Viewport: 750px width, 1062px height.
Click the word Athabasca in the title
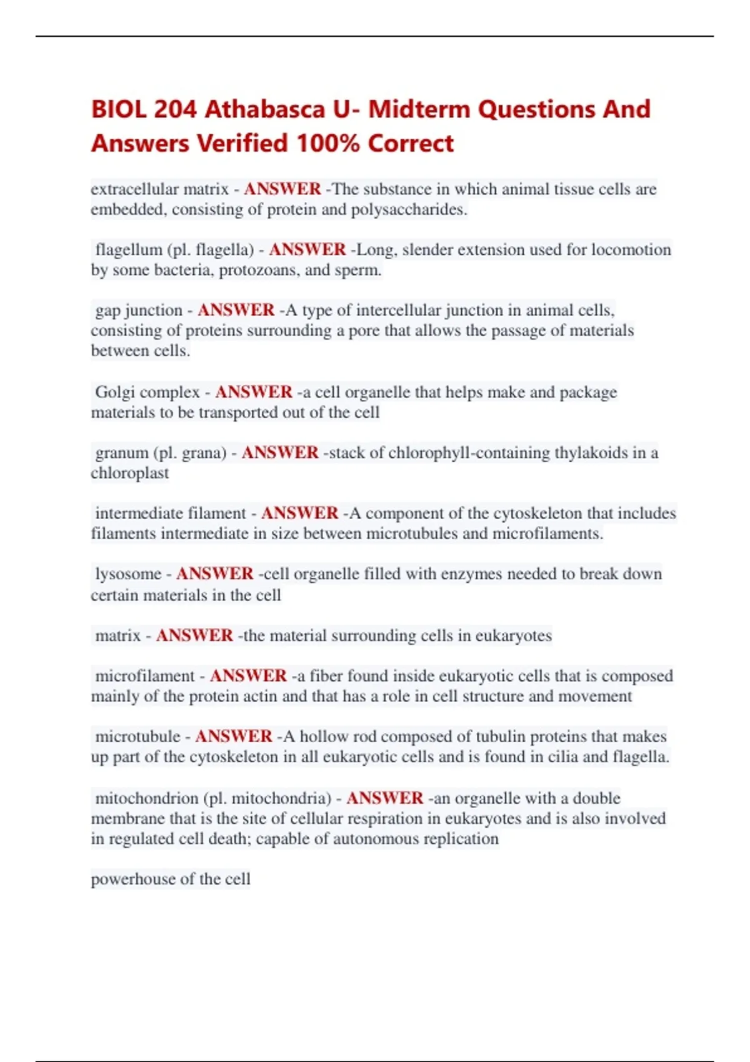click(265, 109)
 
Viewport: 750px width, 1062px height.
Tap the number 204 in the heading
click(175, 109)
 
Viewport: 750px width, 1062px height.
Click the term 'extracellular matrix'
click(160, 189)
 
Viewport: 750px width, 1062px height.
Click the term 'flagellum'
click(128, 250)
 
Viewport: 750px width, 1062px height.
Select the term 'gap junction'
click(139, 310)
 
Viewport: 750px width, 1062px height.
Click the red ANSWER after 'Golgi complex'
click(254, 392)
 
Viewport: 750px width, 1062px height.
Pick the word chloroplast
click(130, 473)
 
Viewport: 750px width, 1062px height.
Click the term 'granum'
click(122, 453)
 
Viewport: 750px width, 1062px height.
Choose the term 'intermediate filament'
click(170, 514)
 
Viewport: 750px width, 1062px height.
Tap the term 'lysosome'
click(128, 574)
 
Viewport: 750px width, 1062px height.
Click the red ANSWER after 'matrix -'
click(194, 635)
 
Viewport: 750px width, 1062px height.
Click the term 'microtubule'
click(137, 737)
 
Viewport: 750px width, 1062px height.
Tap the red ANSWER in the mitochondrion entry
click(385, 798)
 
